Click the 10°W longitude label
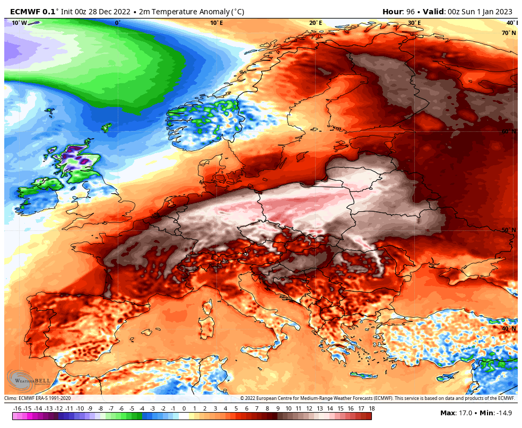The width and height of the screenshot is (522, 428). [19, 23]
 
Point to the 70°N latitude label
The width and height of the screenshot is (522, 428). [508, 33]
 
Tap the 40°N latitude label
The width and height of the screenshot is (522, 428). [508, 328]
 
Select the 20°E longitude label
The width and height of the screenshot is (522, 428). [315, 23]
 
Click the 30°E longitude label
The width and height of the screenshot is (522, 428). [414, 23]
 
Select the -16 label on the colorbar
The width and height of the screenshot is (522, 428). [17, 408]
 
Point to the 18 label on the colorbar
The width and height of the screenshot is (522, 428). [371, 408]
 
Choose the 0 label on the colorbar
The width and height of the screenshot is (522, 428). [184, 408]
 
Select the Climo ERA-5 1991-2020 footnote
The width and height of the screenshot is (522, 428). [37, 398]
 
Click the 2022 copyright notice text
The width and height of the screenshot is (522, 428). [377, 398]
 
